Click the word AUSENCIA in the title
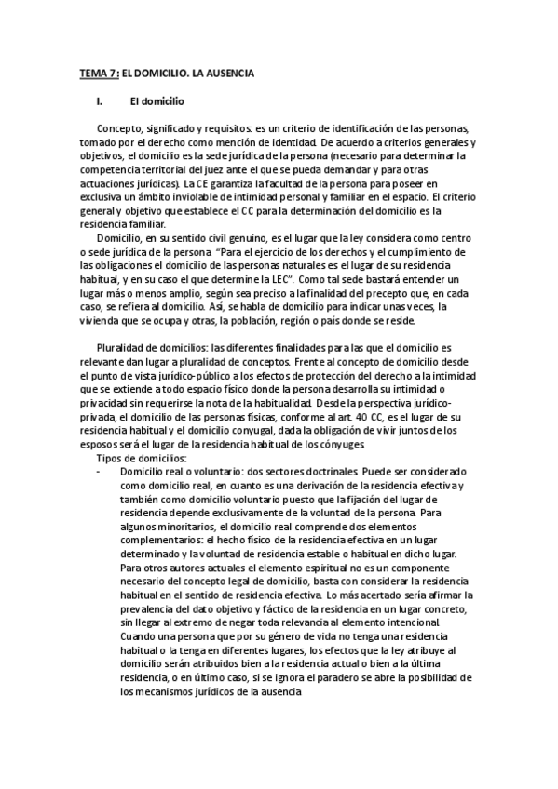click(x=227, y=72)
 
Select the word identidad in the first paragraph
click(x=292, y=141)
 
